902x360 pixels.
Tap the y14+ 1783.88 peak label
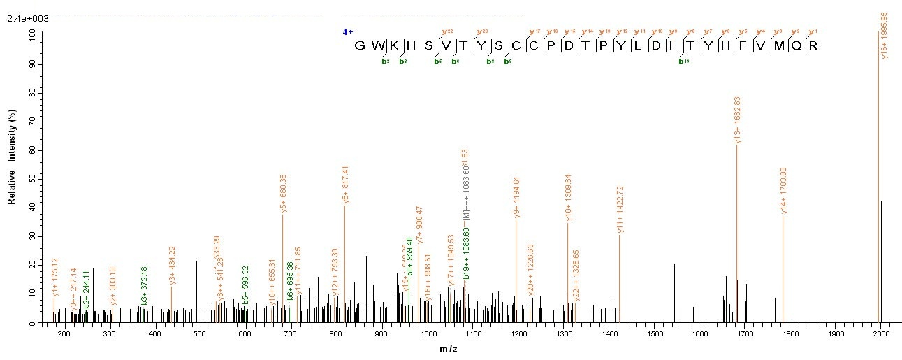tap(784, 191)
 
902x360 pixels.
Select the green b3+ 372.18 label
tap(145, 285)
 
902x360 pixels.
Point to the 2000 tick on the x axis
tap(880, 333)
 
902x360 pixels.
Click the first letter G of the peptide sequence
tap(360, 45)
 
